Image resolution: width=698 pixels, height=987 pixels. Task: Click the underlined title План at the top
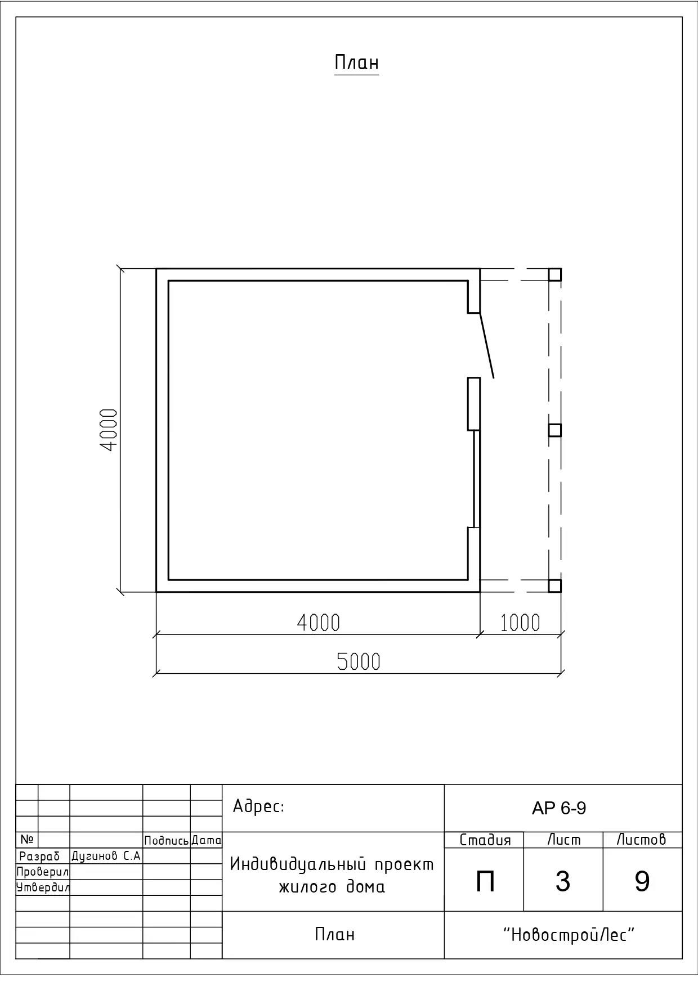pos(356,62)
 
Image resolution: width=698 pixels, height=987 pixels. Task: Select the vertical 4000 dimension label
pos(109,430)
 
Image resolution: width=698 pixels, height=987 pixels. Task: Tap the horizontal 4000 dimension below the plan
pos(319,623)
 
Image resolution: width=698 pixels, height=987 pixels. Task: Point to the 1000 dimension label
pos(520,623)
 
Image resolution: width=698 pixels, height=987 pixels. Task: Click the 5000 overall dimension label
pos(359,661)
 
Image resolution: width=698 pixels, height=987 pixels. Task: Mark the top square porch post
pos(554,274)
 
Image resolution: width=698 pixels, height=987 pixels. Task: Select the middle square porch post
pos(554,430)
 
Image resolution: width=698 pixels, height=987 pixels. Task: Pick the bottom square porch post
pos(554,585)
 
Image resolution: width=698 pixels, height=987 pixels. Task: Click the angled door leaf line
pos(487,345)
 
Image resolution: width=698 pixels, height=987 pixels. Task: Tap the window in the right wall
pos(477,479)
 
